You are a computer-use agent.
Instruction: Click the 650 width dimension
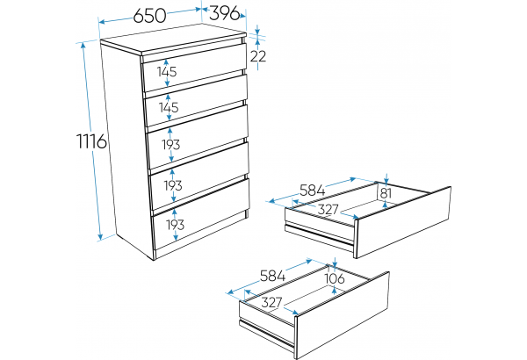[x=149, y=16]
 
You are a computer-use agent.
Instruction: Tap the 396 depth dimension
[x=225, y=13]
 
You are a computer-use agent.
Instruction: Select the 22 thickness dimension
[x=258, y=56]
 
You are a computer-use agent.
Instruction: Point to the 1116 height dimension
[x=92, y=140]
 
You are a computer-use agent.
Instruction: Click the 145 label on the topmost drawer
[x=167, y=72]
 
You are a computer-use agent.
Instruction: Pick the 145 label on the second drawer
[x=169, y=107]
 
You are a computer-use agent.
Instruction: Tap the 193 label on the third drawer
[x=171, y=145]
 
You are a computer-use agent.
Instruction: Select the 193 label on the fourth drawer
[x=173, y=185]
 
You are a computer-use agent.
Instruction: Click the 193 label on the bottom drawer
[x=175, y=225]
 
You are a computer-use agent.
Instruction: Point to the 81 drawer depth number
[x=386, y=193]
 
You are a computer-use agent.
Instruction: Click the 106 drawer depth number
[x=335, y=278]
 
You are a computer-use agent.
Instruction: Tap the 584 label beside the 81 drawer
[x=313, y=191]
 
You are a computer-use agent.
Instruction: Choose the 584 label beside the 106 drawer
[x=272, y=276]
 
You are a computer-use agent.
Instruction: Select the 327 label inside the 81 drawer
[x=328, y=209]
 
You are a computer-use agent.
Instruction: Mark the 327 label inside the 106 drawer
[x=271, y=303]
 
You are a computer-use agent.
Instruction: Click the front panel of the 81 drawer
[x=403, y=222]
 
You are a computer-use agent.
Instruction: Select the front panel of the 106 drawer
[x=343, y=315]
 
